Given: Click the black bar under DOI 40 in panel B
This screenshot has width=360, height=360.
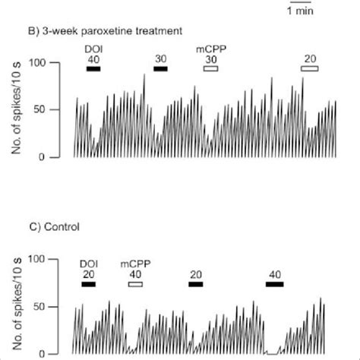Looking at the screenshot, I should [93, 69].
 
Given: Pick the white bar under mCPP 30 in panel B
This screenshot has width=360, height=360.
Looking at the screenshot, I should [210, 69].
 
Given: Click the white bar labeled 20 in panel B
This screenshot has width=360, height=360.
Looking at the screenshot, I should [310, 69].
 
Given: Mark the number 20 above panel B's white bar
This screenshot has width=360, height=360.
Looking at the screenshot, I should [310, 59].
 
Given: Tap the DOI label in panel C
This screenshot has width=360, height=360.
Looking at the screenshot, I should [89, 264].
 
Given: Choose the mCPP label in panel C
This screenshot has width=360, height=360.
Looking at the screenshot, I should [135, 264].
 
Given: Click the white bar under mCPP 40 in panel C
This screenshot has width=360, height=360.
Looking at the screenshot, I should [135, 285].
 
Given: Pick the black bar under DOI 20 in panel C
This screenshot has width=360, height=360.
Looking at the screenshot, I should [89, 285].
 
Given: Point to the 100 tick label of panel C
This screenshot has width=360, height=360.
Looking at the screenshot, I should [38, 260].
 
